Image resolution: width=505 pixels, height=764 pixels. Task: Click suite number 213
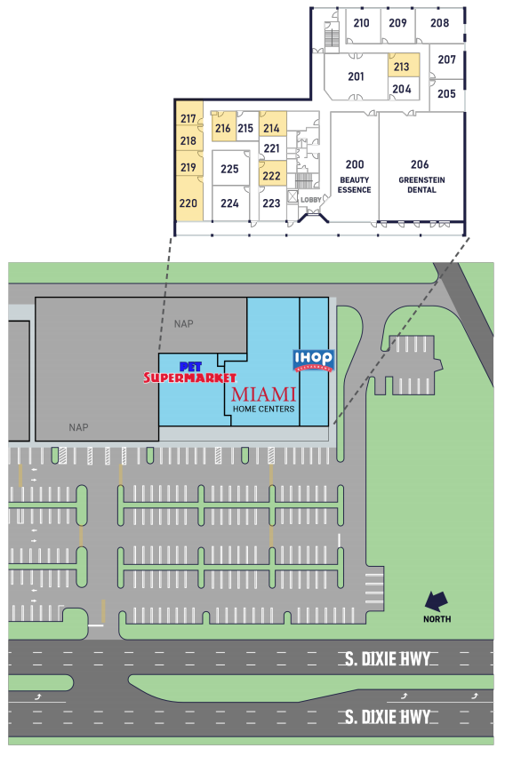401,67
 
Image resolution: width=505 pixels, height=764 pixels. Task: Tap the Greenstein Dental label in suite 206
421,185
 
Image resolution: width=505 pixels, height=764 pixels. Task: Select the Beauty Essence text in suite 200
355,185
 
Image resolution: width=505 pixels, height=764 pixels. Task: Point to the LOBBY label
310,200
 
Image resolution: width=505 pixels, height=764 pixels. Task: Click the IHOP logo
314,361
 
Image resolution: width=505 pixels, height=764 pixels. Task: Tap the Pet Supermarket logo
189,373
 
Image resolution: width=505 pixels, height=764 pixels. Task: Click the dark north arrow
436,601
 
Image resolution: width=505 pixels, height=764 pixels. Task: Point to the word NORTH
437,619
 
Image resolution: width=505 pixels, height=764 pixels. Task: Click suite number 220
188,203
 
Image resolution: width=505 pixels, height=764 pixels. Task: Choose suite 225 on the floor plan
229,169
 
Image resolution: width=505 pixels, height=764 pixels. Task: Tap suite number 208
439,23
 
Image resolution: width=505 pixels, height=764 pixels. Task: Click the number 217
188,118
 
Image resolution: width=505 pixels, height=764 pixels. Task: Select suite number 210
361,23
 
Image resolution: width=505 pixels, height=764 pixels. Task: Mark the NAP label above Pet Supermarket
183,324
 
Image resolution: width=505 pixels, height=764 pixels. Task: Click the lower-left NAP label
78,427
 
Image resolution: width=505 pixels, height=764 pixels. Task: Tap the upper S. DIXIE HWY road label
388,659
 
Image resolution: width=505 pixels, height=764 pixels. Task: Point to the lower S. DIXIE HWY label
388,717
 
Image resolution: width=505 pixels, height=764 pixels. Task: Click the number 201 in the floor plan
356,76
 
